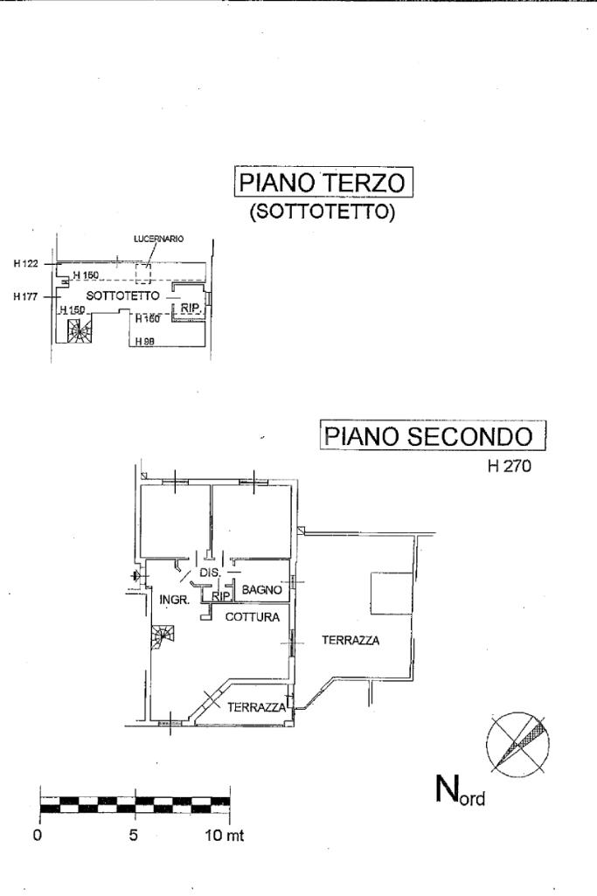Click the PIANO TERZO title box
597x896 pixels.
click(323, 184)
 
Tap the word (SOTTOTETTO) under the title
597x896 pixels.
click(323, 212)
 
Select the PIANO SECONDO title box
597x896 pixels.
click(433, 435)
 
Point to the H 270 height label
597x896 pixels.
click(510, 467)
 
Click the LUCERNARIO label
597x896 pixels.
click(158, 239)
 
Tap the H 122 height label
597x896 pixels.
click(27, 263)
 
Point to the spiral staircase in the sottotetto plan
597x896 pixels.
click(78, 330)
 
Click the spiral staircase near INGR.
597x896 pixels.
click(161, 642)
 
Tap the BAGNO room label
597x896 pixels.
click(261, 590)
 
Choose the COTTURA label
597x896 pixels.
click(253, 617)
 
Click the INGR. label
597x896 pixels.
click(175, 600)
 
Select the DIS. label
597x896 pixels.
click(209, 573)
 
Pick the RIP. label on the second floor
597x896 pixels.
click(220, 597)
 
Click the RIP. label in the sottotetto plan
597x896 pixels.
click(191, 308)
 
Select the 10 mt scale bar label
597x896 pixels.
click(224, 835)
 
